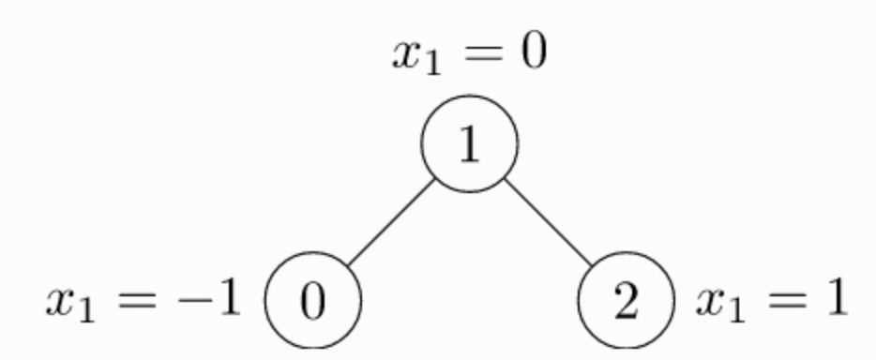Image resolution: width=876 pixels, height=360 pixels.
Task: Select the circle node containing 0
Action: coord(313,303)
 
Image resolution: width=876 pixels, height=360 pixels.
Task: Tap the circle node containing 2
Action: coord(626,303)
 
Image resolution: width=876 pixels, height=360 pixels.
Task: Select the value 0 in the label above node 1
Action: coord(531,52)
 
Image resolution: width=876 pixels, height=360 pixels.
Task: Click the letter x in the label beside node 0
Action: coord(60,303)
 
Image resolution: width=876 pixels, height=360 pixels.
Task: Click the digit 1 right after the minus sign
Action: coord(227,300)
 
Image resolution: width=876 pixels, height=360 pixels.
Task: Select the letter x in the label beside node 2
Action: coord(710,303)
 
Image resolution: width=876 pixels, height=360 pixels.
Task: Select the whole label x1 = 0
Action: coord(469,54)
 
